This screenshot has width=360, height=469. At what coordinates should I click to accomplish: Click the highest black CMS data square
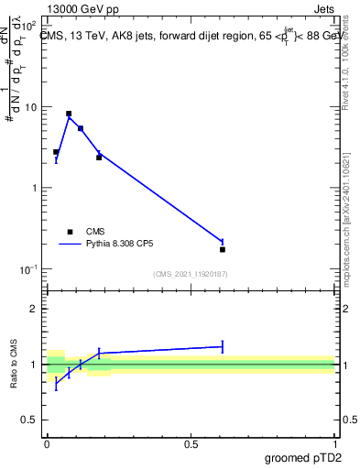click(69, 114)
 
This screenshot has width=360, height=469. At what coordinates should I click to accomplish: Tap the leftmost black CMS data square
click(56, 152)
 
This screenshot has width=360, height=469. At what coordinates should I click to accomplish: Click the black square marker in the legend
click(70, 232)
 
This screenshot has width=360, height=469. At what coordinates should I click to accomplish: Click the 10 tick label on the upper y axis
click(30, 107)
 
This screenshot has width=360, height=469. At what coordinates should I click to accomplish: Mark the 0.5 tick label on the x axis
click(191, 443)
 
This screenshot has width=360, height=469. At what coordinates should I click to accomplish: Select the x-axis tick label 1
click(334, 443)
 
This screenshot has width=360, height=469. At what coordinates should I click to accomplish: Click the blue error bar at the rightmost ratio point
click(223, 346)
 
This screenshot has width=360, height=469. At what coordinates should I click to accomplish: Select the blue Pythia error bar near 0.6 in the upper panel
click(223, 241)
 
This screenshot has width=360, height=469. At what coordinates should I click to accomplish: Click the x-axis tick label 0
click(47, 443)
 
